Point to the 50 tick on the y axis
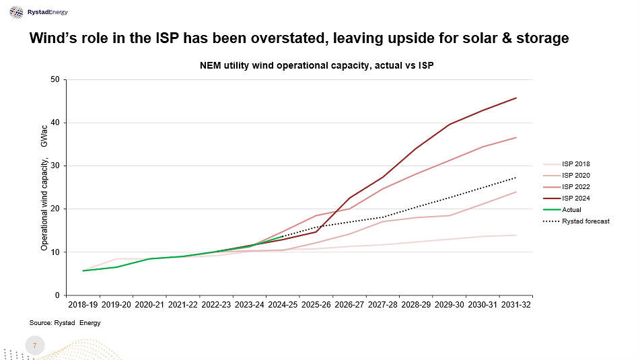pos(55,80)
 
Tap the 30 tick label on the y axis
pos(55,166)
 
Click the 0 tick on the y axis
pos(58,295)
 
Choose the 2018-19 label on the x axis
pos(83,305)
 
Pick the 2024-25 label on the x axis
pos(283,305)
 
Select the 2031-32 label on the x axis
pos(515,305)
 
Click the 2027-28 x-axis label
pos(383,305)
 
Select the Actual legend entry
pos(571,209)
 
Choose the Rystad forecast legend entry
pos(585,221)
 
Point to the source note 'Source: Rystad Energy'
pos(65,323)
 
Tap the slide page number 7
pos(34,346)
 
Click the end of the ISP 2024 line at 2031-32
pos(516,98)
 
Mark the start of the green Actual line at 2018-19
pos(83,271)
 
